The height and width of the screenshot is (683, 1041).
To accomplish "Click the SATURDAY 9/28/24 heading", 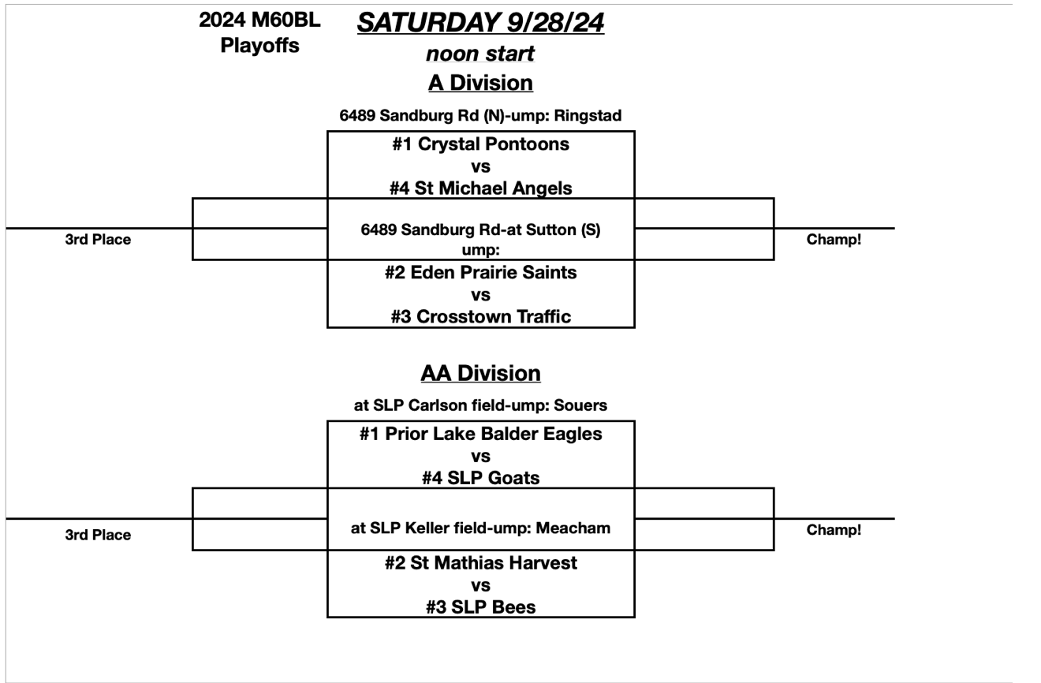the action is tap(480, 24).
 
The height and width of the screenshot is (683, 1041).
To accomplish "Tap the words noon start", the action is tap(480, 54).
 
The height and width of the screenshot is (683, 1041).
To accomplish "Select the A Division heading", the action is tap(480, 82).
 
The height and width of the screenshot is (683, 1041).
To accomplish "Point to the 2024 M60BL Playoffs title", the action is tap(259, 33).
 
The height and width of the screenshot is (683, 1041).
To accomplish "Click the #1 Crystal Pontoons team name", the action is tap(480, 144).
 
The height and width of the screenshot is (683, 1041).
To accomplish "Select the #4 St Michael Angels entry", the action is tap(480, 188).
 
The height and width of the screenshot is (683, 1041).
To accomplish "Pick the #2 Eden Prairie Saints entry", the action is tap(480, 273).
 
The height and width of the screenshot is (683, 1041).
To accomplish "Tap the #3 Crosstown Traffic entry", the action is tap(480, 316).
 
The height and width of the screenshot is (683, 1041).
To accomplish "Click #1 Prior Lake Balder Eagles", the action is tap(480, 434).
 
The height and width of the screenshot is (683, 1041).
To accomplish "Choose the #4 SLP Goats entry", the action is tap(480, 477).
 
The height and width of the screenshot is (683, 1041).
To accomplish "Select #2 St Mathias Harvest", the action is tap(480, 563).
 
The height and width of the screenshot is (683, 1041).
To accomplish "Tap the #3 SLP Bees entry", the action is tap(480, 606).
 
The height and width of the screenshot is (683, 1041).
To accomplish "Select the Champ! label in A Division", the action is tap(834, 239).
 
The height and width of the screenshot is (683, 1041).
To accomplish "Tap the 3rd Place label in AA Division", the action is tap(98, 535).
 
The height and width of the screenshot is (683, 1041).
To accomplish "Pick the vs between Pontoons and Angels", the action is tap(480, 166).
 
